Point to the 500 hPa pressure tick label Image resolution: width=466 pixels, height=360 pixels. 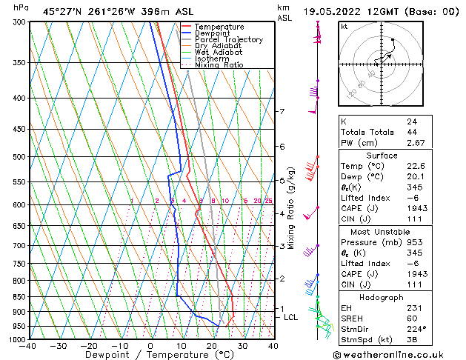(x=16, y=157)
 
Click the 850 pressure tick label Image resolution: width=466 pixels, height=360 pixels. (x=16, y=296)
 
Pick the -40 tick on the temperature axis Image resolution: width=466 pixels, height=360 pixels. (x=28, y=345)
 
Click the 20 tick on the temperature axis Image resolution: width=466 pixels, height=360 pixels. (x=212, y=345)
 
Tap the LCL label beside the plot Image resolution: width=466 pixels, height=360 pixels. (x=291, y=317)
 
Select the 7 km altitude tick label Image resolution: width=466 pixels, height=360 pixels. (x=282, y=112)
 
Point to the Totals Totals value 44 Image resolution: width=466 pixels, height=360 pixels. (x=411, y=132)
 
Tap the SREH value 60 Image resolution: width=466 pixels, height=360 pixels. (x=411, y=319)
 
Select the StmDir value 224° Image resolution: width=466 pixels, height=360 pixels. (x=414, y=330)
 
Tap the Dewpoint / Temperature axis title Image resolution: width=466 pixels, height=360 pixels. (x=150, y=355)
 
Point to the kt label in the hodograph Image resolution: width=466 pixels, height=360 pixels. (x=344, y=26)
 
